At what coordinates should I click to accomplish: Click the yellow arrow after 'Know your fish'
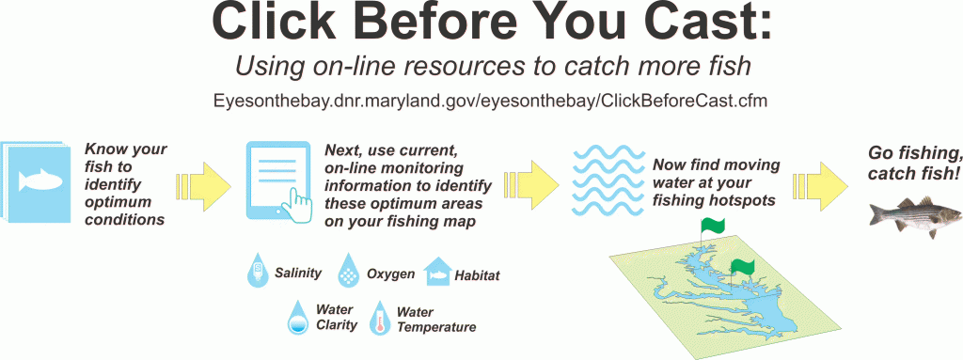pyautogui.click(x=206, y=181)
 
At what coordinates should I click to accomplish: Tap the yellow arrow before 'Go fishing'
pyautogui.click(x=822, y=181)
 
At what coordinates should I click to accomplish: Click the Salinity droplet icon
pyautogui.click(x=255, y=273)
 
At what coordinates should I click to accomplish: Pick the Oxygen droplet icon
pyautogui.click(x=349, y=273)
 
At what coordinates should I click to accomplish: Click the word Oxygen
pyautogui.click(x=390, y=274)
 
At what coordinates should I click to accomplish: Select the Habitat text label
pyautogui.click(x=477, y=275)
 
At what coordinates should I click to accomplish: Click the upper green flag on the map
pyautogui.click(x=713, y=227)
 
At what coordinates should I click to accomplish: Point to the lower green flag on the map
pyautogui.click(x=742, y=267)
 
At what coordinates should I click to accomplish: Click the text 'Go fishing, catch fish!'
pyautogui.click(x=913, y=162)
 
